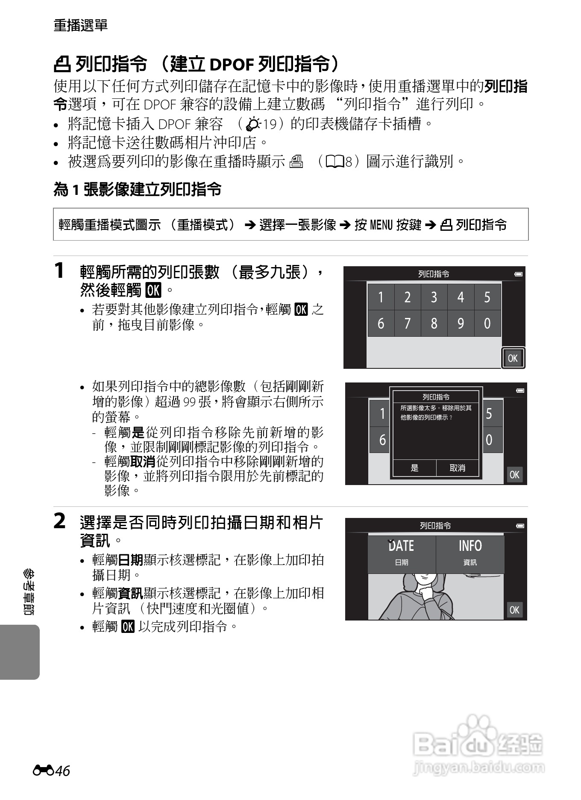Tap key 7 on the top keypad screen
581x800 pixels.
point(407,324)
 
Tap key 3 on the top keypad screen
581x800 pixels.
point(434,297)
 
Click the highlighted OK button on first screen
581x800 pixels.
point(513,358)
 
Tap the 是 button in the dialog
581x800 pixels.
point(414,468)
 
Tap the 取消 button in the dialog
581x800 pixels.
point(457,468)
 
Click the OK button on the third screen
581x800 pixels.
point(514,610)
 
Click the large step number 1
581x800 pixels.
point(60,271)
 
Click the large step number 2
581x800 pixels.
point(60,521)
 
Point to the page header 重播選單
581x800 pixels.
point(81,26)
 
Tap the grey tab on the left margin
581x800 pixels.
point(20,652)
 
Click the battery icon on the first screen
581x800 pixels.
point(519,274)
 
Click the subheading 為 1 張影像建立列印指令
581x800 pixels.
point(137,189)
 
